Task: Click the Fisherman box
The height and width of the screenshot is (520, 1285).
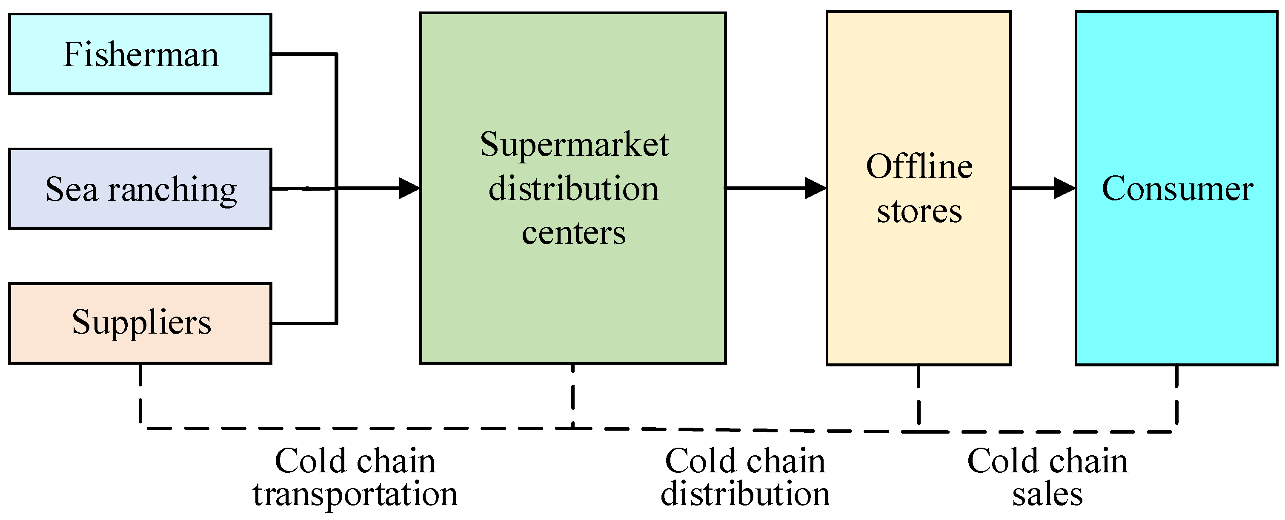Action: coord(140,54)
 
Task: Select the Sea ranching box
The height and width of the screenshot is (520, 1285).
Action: coord(140,189)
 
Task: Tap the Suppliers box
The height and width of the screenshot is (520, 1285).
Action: coord(140,323)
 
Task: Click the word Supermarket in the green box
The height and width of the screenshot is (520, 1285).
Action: coord(574,145)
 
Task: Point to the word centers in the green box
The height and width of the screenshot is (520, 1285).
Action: coord(574,233)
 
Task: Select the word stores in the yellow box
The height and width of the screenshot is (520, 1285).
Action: coord(919,211)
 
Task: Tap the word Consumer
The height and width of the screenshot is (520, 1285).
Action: coord(1177,189)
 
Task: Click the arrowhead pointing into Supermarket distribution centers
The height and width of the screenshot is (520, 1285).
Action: coord(409,188)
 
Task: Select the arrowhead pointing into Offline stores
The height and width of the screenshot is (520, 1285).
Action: coord(815,188)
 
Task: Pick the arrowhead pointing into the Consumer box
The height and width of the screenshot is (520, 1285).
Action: coord(1064,188)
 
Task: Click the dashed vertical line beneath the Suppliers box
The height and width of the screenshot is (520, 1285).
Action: coord(140,396)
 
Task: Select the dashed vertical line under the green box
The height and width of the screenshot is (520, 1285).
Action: coord(572,396)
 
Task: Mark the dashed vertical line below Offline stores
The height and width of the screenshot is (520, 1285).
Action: coord(919,396)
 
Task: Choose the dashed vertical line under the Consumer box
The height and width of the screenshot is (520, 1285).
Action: coord(1177,396)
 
